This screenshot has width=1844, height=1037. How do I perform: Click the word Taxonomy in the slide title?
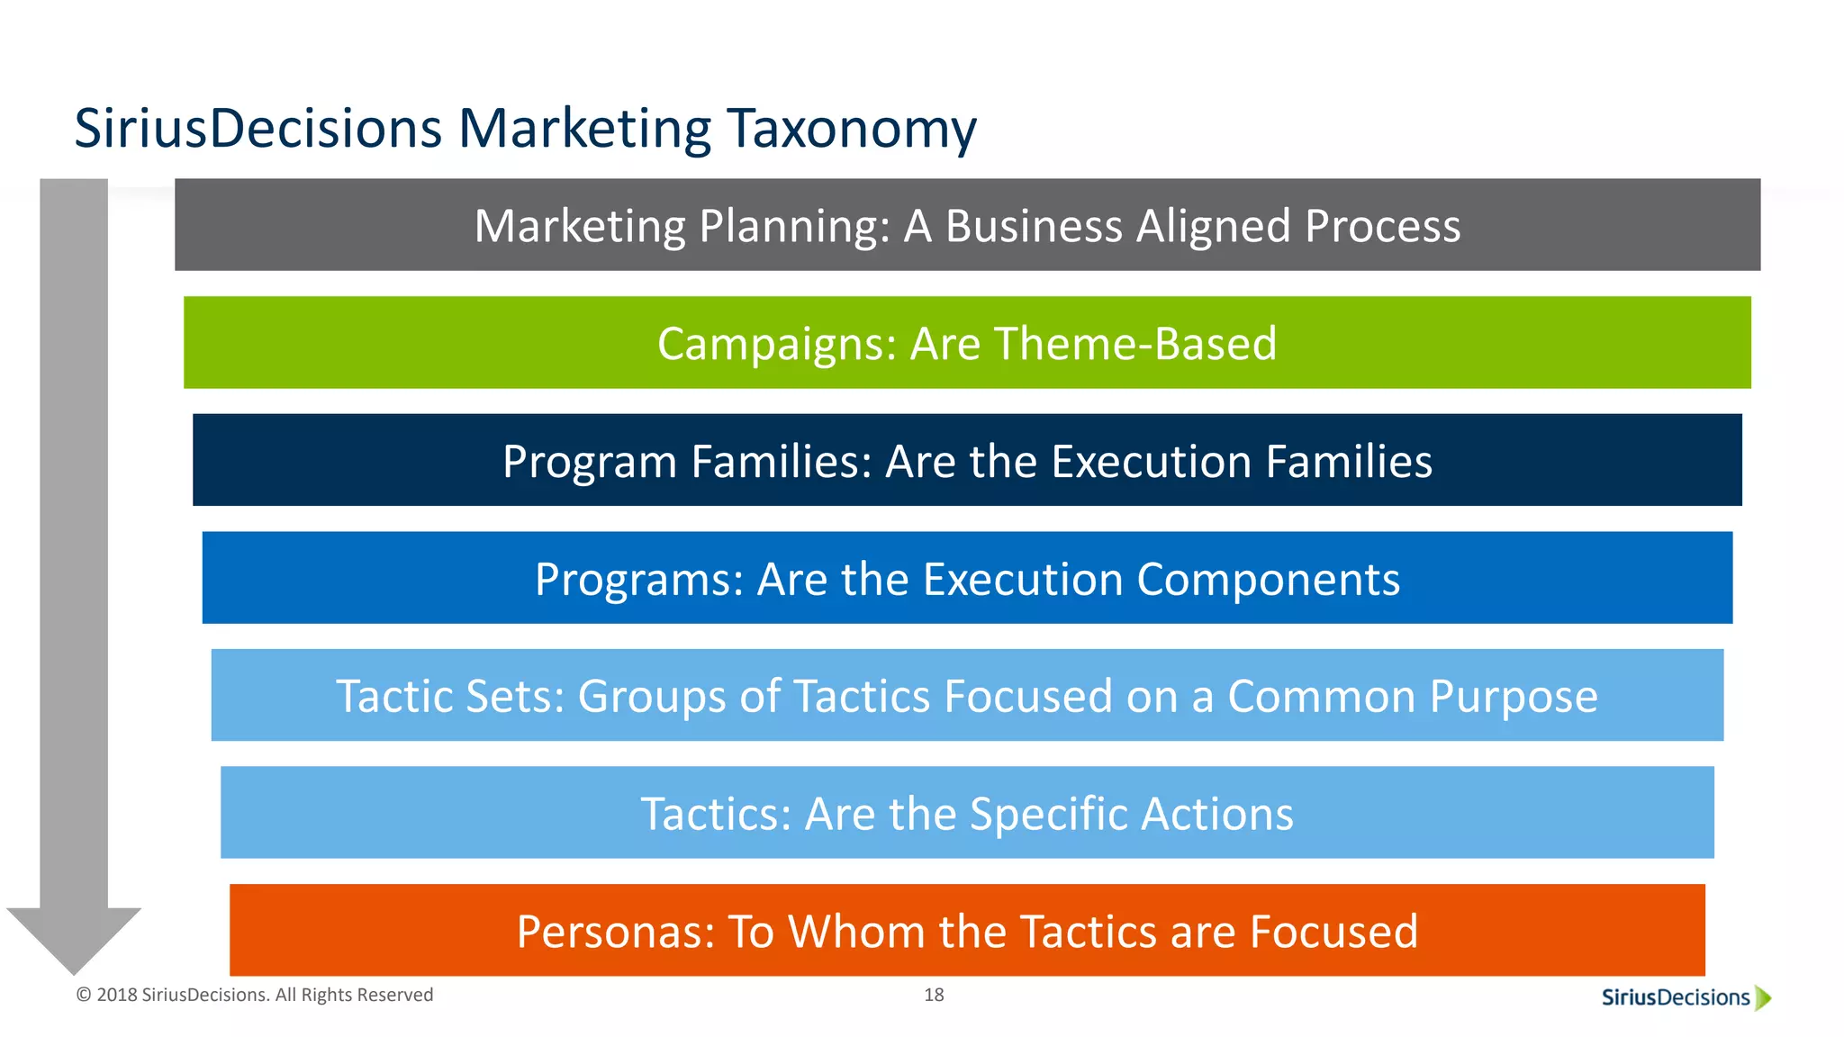point(851,129)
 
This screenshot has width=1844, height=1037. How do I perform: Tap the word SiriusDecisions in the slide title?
point(258,129)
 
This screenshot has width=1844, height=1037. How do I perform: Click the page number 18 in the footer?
point(934,995)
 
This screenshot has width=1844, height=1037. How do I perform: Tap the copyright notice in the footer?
point(255,995)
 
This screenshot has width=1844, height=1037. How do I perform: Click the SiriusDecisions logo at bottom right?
point(1676,997)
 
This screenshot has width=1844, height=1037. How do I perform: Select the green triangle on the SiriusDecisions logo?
point(1763,997)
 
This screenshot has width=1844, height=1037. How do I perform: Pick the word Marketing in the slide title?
point(584,129)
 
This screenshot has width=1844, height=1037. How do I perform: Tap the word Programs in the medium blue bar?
point(638,579)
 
